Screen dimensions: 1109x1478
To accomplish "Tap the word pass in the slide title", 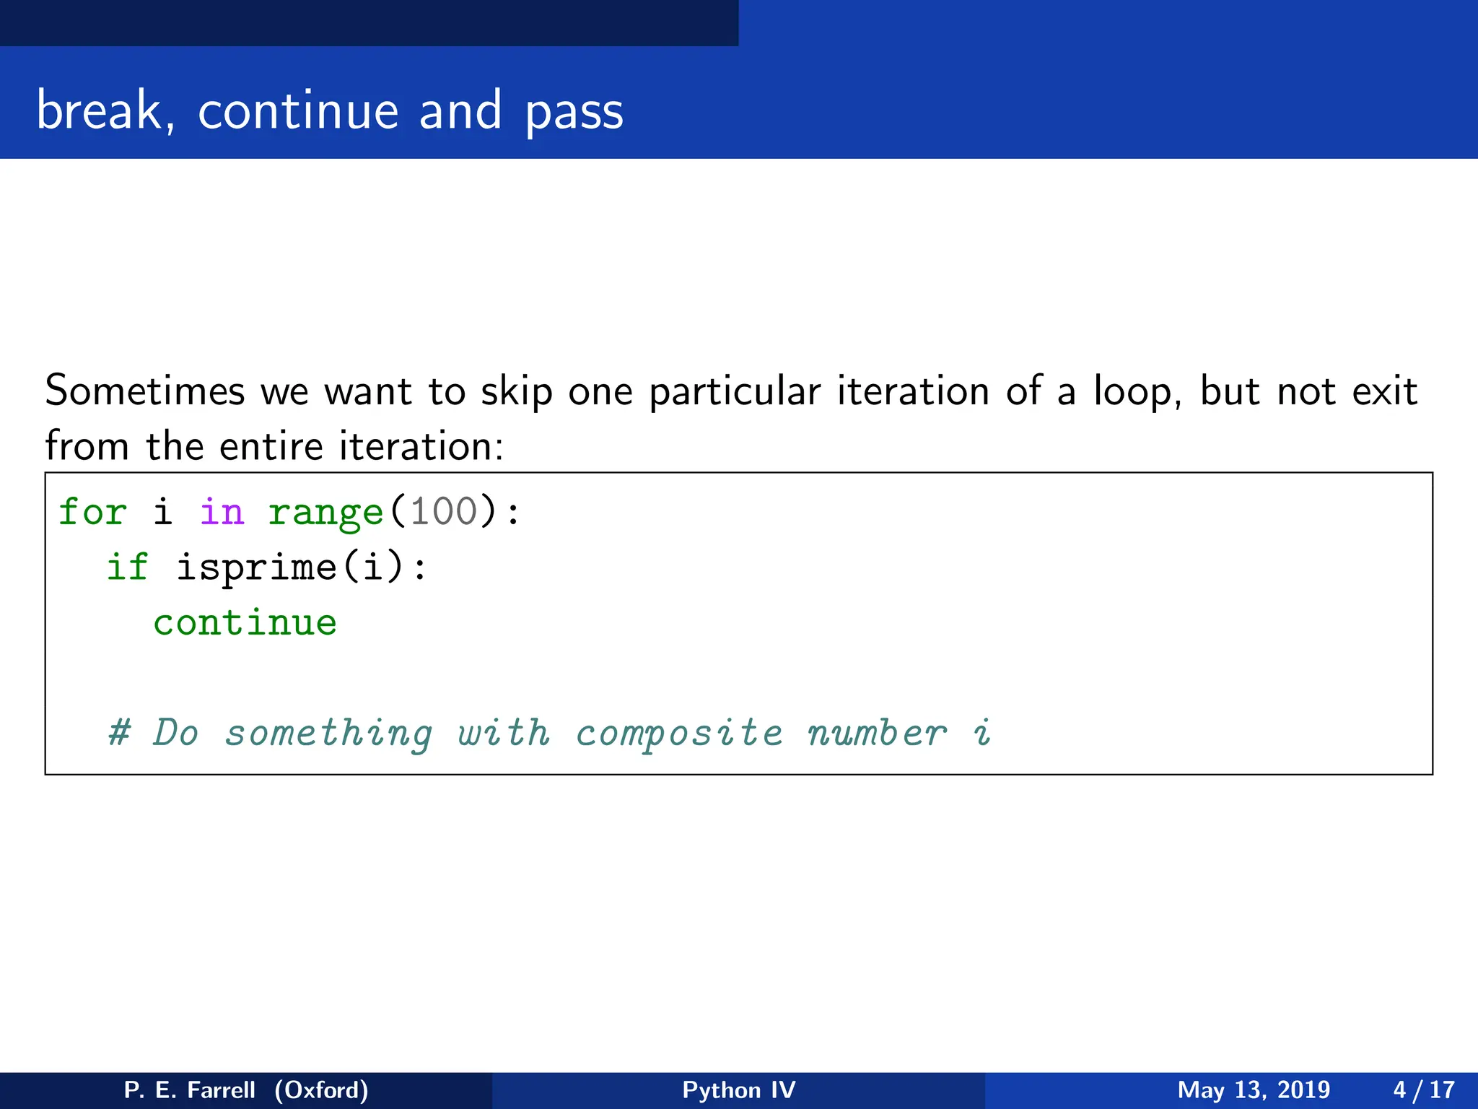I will pyautogui.click(x=574, y=113).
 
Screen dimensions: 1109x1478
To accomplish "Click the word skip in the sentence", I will pyautogui.click(x=516, y=392).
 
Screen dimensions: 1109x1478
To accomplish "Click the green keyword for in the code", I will pyautogui.click(x=92, y=512).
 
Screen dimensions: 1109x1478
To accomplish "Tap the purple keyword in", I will pyautogui.click(x=222, y=512).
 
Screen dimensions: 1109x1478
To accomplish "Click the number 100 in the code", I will pyautogui.click(x=443, y=512).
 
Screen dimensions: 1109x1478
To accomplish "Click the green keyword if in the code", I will pyautogui.click(x=128, y=567).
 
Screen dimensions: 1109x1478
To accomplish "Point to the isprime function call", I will pyautogui.click(x=256, y=567).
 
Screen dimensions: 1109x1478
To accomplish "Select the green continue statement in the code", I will pyautogui.click(x=245, y=622).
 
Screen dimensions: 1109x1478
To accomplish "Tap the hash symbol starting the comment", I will pyautogui.click(x=119, y=733).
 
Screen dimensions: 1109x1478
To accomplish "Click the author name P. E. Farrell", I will pyautogui.click(x=190, y=1090).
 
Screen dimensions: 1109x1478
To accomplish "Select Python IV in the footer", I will pyautogui.click(x=738, y=1090).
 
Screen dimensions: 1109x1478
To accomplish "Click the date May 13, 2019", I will pyautogui.click(x=1254, y=1090).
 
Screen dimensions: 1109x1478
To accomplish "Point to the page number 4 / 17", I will pyautogui.click(x=1423, y=1090).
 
